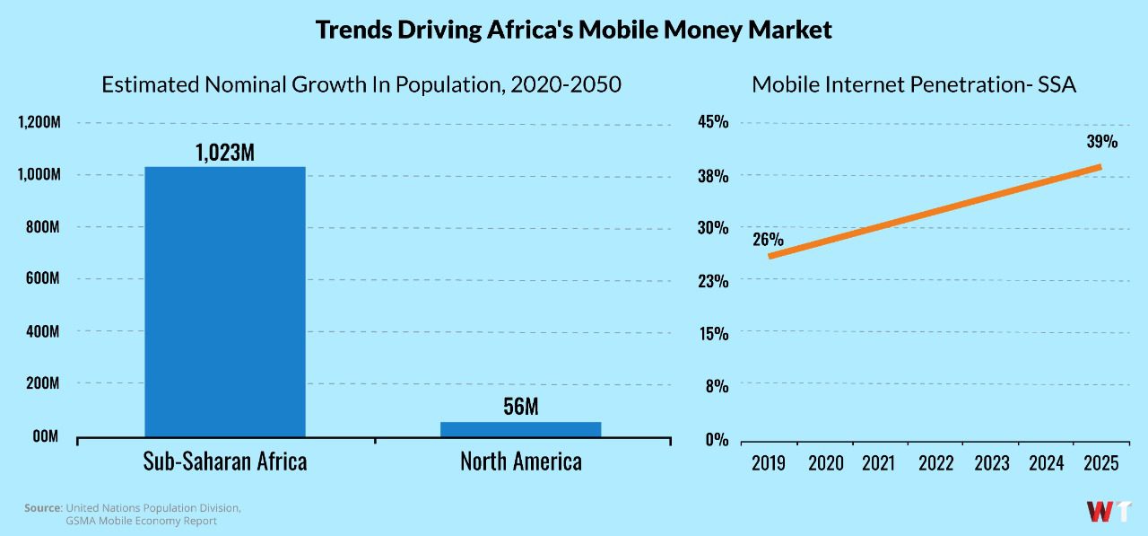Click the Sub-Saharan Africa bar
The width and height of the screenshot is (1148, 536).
pyautogui.click(x=224, y=302)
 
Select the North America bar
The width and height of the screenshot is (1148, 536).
pyautogui.click(x=520, y=429)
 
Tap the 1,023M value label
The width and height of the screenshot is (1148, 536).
pyautogui.click(x=224, y=152)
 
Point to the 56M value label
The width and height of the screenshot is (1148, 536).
pyautogui.click(x=520, y=407)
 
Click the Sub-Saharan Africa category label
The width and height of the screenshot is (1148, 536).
pyautogui.click(x=224, y=461)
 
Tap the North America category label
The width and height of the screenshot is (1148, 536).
pyautogui.click(x=520, y=461)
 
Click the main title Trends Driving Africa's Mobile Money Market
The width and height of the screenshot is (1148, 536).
pyautogui.click(x=574, y=30)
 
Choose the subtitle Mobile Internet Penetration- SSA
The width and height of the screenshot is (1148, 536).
pyautogui.click(x=913, y=85)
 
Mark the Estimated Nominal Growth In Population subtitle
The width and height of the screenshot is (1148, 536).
pyautogui.click(x=361, y=85)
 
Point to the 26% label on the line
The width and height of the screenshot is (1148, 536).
pyautogui.click(x=768, y=240)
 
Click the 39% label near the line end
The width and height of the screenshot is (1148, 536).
pyautogui.click(x=1101, y=142)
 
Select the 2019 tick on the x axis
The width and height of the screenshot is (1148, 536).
pyautogui.click(x=769, y=463)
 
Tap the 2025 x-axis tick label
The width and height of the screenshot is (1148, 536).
pyautogui.click(x=1100, y=463)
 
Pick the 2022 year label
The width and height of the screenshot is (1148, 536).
pyautogui.click(x=935, y=463)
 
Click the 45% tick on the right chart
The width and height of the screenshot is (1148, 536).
pyautogui.click(x=714, y=123)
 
